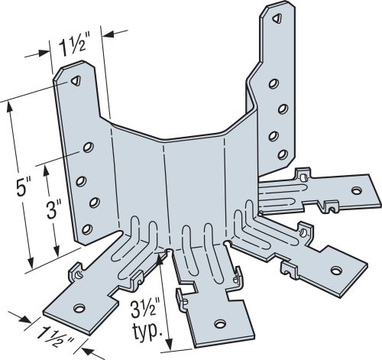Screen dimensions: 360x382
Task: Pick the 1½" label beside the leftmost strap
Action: pos(53,335)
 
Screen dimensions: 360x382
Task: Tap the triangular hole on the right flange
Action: pos(274,16)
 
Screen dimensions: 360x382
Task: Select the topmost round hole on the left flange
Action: pos(89,145)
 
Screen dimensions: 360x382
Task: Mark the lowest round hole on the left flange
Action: pos(86,228)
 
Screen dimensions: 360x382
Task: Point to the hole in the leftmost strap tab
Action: pos(77,308)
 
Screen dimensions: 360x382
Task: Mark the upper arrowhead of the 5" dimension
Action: pos(9,105)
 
